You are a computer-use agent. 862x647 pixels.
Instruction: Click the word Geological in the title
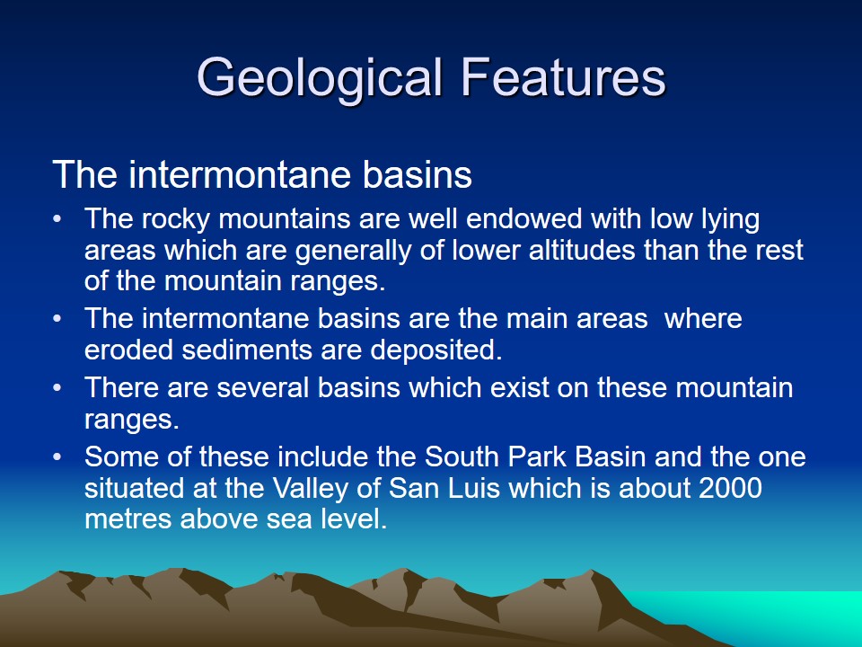click(x=320, y=79)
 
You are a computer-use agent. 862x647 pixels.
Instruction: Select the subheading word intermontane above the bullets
click(x=240, y=174)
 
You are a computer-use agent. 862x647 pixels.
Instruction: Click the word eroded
click(x=128, y=350)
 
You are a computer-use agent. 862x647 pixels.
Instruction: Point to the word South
click(x=462, y=456)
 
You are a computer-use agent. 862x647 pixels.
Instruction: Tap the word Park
click(x=534, y=456)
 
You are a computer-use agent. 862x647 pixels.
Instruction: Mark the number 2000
click(x=730, y=488)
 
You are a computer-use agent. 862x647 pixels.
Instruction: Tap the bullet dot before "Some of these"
click(x=57, y=457)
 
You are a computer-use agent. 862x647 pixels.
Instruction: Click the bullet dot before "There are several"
click(x=57, y=388)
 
